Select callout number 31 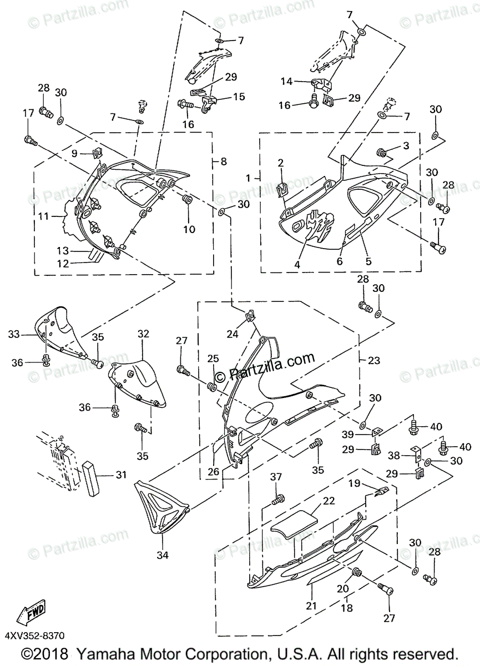tap(121, 475)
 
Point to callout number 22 tap(329, 500)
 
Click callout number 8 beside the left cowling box tap(223, 162)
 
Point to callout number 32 tap(144, 334)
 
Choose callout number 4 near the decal tap(297, 265)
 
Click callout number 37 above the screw tap(276, 477)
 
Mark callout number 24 tap(232, 334)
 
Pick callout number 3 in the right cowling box tap(407, 146)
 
